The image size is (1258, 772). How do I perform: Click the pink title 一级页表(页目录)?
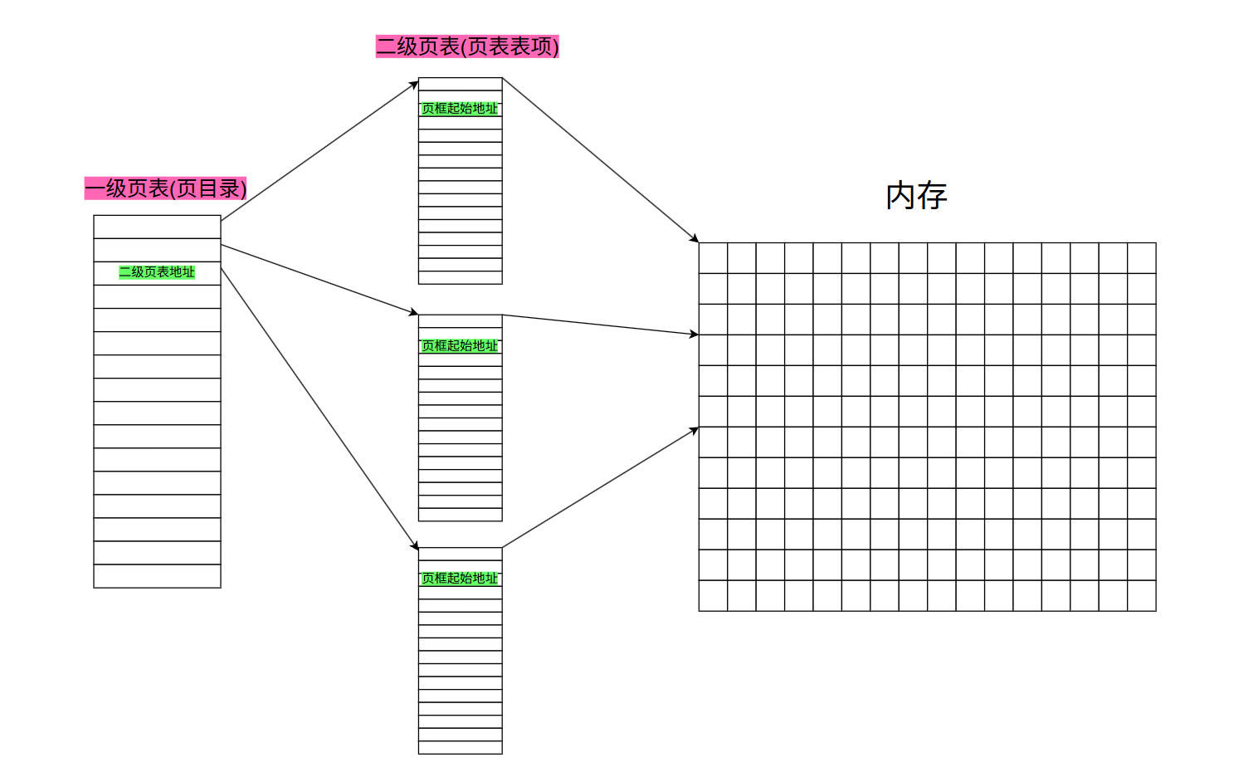click(x=165, y=188)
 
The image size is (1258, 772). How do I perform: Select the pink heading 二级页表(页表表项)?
click(x=467, y=46)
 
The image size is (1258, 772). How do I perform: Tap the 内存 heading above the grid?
click(x=916, y=196)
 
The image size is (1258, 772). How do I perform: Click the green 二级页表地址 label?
click(x=157, y=272)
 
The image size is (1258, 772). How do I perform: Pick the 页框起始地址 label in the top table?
click(x=460, y=109)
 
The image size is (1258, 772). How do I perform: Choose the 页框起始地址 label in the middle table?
click(x=460, y=346)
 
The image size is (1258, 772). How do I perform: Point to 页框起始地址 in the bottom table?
click(x=460, y=579)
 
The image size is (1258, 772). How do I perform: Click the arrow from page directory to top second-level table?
click(x=319, y=150)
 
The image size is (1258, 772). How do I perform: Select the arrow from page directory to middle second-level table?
click(x=319, y=280)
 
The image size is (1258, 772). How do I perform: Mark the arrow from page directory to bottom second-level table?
click(x=319, y=408)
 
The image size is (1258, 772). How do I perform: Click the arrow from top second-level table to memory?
click(x=601, y=159)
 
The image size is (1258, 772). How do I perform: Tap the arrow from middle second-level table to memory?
click(x=601, y=325)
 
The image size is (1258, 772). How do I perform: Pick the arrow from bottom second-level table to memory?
click(x=601, y=487)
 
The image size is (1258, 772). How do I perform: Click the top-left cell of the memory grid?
click(x=713, y=258)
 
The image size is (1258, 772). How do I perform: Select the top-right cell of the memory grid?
click(x=1142, y=258)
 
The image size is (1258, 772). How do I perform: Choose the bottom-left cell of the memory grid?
click(x=713, y=596)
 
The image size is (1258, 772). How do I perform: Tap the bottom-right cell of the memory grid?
click(x=1142, y=596)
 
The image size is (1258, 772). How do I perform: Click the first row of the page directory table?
click(x=157, y=227)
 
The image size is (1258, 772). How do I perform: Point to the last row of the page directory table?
click(x=157, y=576)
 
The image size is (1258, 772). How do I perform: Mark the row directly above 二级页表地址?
click(x=157, y=250)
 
